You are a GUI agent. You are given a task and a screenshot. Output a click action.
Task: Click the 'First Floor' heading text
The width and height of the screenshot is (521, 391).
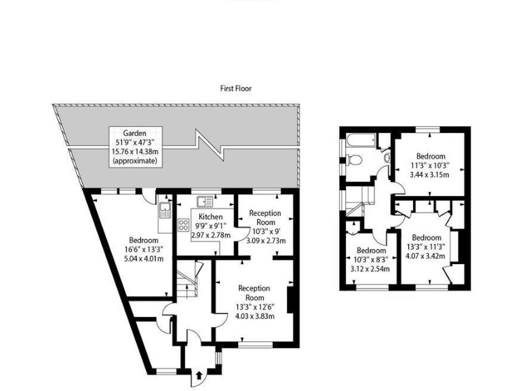(235, 89)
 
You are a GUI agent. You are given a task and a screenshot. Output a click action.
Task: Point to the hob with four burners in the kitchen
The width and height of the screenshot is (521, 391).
(183, 225)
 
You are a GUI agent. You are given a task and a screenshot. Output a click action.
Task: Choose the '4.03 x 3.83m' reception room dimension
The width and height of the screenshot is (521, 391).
(254, 316)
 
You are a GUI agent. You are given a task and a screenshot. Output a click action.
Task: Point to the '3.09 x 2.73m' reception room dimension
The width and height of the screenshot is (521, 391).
(265, 240)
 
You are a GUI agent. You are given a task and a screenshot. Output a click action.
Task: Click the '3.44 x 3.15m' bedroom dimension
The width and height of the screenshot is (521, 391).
(431, 174)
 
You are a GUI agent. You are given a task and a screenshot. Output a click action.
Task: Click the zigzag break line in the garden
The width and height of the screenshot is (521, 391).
(208, 146)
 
